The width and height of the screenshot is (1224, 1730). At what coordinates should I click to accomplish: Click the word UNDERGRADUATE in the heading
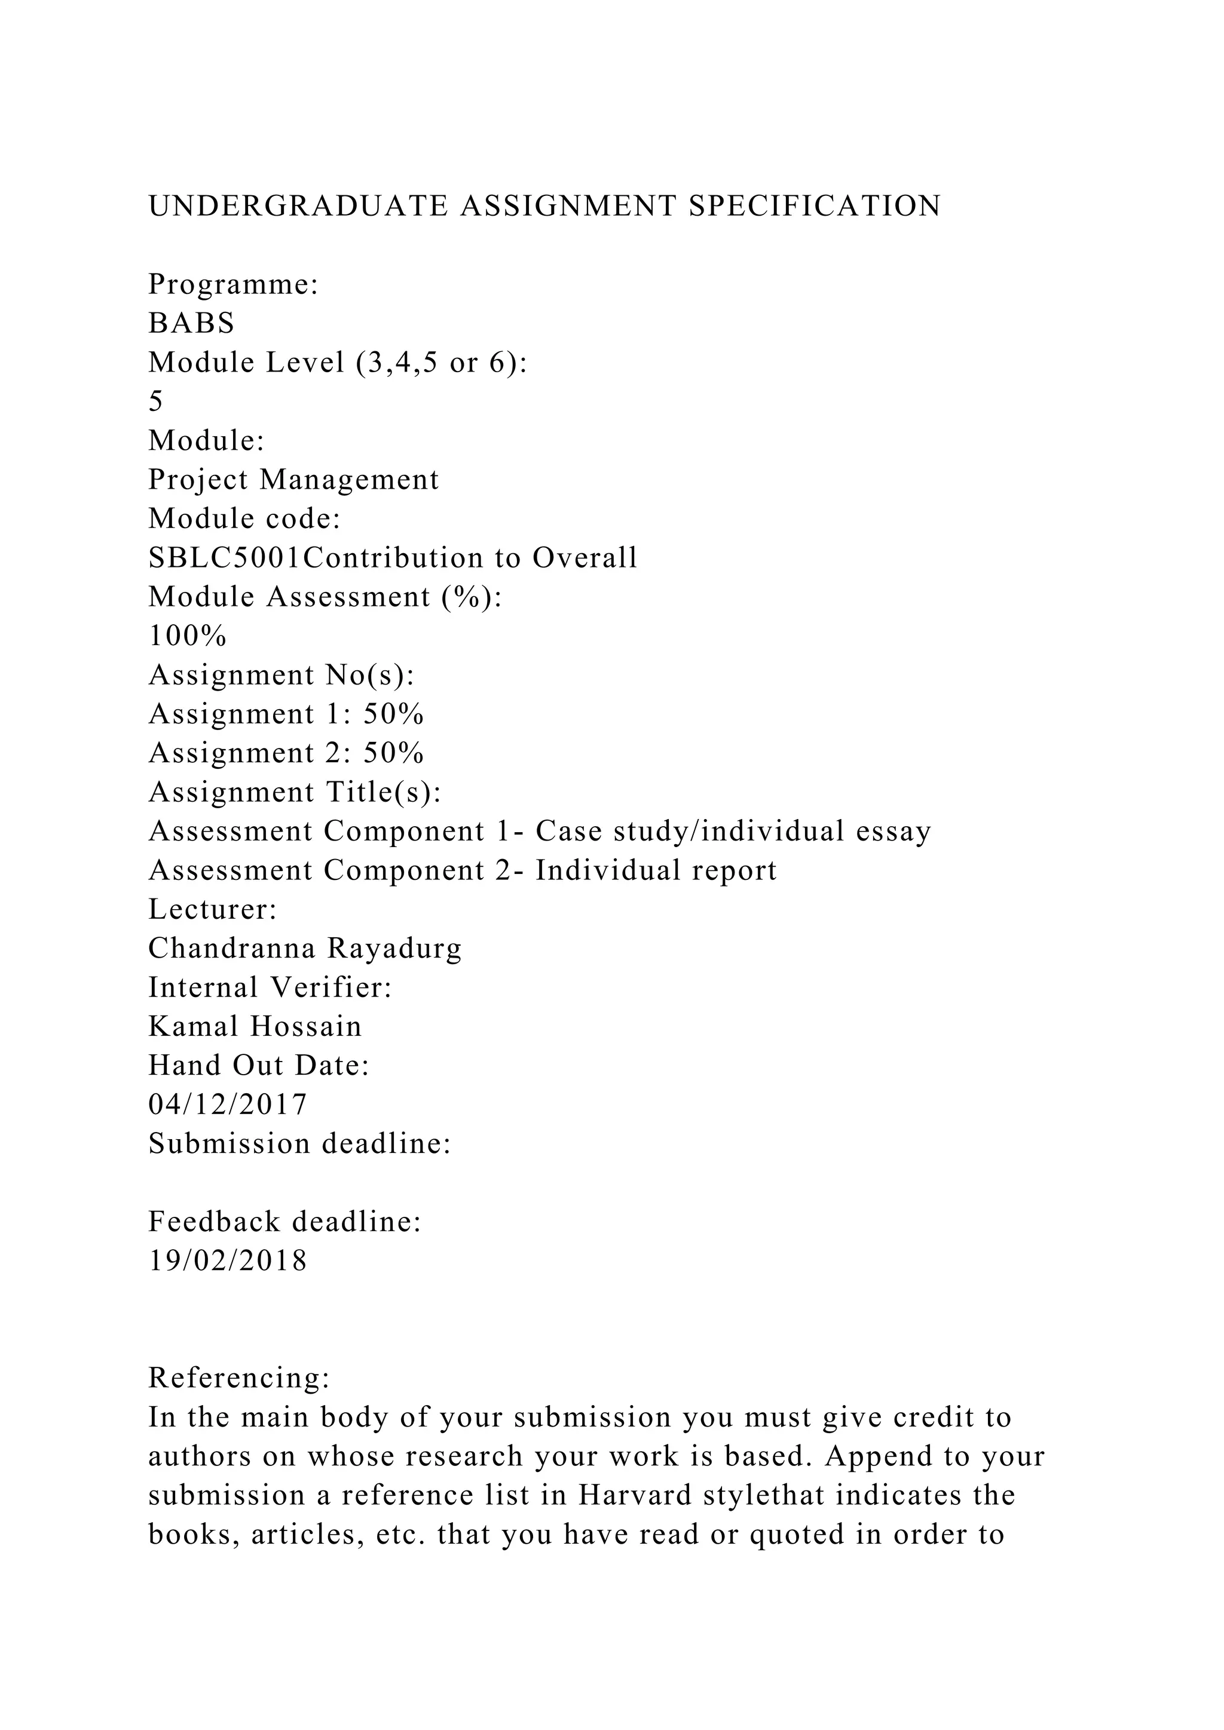pos(298,205)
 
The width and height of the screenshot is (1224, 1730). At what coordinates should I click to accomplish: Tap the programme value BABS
pos(191,323)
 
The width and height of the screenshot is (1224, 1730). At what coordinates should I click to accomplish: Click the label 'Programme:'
pos(234,284)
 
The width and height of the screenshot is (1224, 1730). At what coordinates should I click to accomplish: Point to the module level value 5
pos(156,401)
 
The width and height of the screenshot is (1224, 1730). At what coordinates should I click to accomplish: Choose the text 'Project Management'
pos(294,479)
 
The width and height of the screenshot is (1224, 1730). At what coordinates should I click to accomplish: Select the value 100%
pos(188,636)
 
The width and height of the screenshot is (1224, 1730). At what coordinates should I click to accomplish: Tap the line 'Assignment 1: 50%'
pos(286,713)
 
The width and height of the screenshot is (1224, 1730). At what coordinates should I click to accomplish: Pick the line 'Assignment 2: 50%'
pos(286,753)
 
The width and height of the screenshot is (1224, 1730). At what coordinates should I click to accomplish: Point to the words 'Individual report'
pos(656,870)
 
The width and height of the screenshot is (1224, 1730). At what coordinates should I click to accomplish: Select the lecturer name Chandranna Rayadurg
pos(305,948)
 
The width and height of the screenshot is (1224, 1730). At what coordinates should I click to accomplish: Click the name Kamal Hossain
pos(255,1026)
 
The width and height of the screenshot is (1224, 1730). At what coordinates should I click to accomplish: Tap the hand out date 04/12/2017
pos(228,1105)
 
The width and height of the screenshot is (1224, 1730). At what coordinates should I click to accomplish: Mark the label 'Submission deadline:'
pos(300,1144)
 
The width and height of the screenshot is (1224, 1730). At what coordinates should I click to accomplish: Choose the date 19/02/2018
pos(228,1260)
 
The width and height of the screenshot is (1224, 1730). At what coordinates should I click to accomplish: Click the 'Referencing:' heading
pos(239,1378)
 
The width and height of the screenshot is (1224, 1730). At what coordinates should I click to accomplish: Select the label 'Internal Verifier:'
pos(270,987)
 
